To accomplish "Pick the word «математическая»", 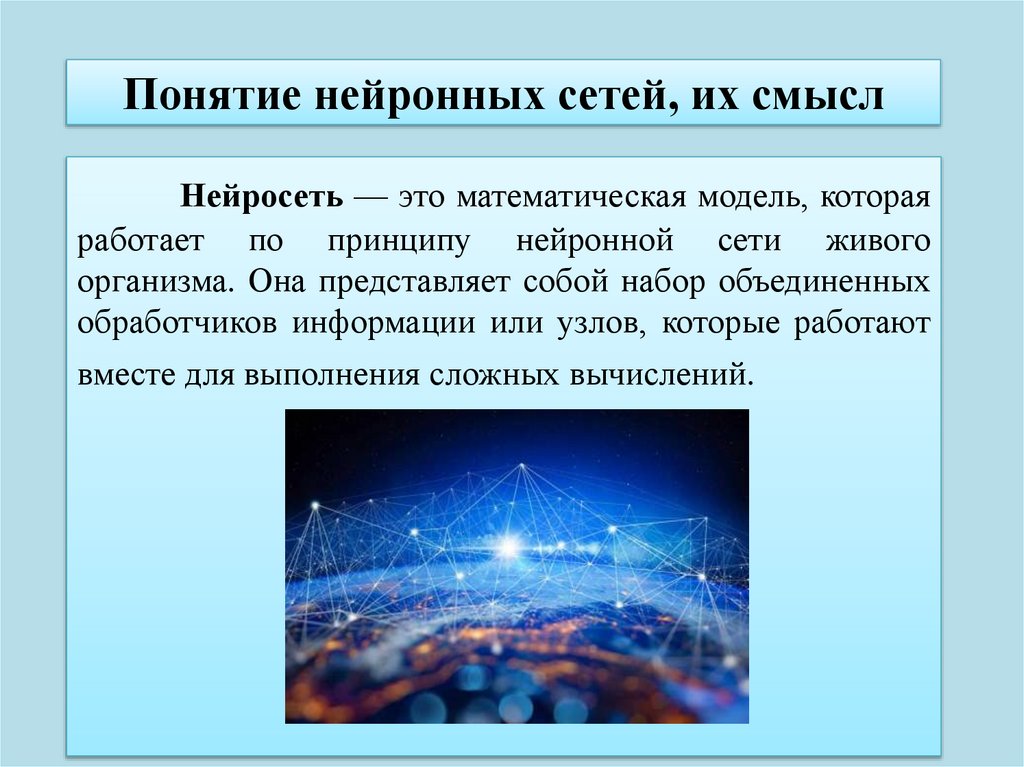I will pyautogui.click(x=571, y=196).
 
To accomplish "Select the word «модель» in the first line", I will pyautogui.click(x=750, y=196).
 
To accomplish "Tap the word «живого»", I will pyautogui.click(x=877, y=242).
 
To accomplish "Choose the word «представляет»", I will pyautogui.click(x=414, y=281).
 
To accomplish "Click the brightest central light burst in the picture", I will pyautogui.click(x=509, y=546).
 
